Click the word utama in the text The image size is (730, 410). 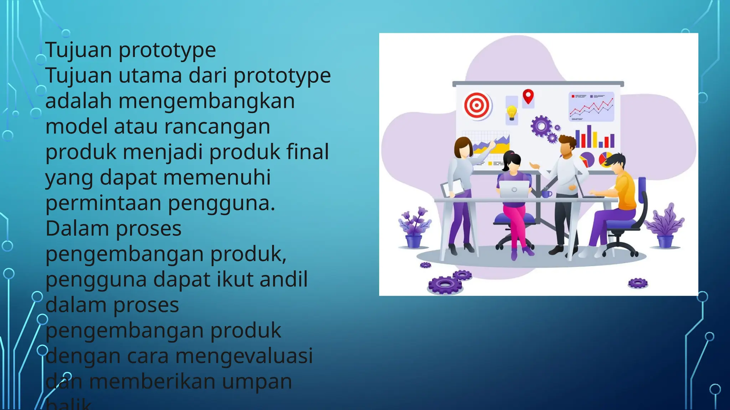click(x=150, y=75)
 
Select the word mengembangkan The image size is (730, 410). click(x=206, y=101)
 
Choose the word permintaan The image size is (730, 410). click(x=103, y=203)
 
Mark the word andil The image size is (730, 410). click(x=283, y=279)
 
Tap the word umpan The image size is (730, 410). click(x=257, y=381)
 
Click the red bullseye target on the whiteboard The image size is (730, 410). click(x=477, y=105)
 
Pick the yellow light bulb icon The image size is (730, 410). click(x=511, y=112)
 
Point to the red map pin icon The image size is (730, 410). click(x=528, y=96)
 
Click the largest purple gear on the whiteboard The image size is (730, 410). click(x=541, y=126)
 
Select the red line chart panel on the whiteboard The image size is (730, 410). click(x=591, y=106)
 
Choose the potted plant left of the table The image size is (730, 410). click(x=414, y=228)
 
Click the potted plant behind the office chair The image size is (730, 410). click(x=665, y=226)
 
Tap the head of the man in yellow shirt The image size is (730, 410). click(x=616, y=163)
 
